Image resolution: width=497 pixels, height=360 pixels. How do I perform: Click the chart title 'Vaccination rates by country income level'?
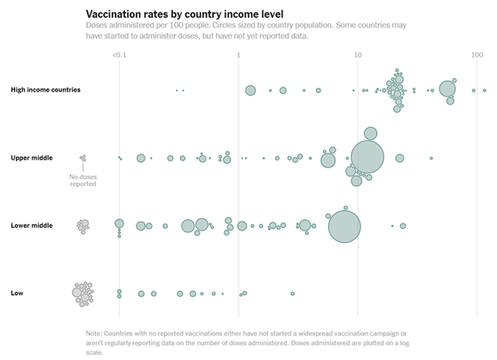(185, 14)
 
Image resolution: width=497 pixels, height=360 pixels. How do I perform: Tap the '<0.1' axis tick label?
(119, 55)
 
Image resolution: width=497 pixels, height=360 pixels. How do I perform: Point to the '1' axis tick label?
(239, 55)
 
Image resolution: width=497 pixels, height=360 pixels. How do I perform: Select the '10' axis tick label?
(358, 55)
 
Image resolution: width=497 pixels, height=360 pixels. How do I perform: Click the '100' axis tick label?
(477, 55)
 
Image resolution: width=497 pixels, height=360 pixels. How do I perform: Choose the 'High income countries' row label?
(45, 90)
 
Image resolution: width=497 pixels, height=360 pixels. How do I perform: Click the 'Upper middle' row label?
(32, 158)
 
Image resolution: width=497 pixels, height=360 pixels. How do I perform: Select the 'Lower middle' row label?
(32, 226)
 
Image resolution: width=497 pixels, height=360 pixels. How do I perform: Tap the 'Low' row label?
(17, 293)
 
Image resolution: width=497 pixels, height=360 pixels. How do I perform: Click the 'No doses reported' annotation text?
(83, 181)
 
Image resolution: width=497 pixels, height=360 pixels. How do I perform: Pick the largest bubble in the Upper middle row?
(367, 157)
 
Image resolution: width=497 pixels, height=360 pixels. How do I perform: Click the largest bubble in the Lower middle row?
(344, 227)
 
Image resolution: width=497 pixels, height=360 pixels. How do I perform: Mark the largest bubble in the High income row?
(447, 89)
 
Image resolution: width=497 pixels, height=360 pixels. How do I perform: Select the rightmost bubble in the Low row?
(293, 293)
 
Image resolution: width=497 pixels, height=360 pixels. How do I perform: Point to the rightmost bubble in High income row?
(485, 90)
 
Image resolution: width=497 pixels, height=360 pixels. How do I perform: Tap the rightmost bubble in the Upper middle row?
(431, 159)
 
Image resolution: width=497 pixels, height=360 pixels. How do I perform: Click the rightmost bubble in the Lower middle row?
(403, 226)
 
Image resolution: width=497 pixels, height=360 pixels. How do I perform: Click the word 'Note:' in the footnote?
(94, 333)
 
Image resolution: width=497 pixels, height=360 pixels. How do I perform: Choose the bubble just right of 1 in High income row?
(250, 90)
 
